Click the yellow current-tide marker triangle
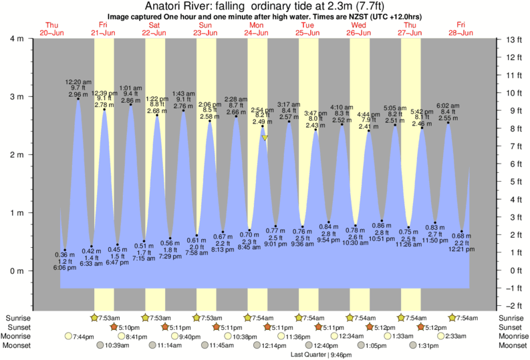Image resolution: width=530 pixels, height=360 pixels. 265,138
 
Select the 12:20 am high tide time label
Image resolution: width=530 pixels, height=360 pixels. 78,81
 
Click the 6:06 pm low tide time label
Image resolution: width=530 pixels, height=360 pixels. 65,268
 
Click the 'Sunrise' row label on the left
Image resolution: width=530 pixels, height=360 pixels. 18,318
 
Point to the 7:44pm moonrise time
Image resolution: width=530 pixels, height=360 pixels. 84,337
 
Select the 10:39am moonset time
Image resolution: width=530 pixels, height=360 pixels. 118,346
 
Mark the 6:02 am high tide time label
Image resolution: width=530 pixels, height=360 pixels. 448,105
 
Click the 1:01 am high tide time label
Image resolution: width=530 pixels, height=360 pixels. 130,87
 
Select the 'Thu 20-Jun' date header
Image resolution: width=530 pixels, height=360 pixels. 51,29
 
